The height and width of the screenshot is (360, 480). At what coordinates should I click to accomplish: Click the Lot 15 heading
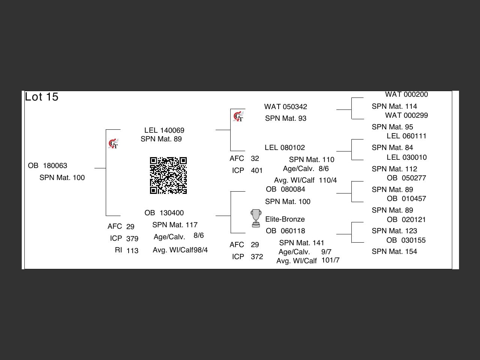click(42, 97)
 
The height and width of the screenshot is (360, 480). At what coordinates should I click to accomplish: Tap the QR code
click(168, 175)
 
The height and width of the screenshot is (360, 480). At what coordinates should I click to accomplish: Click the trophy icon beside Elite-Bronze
click(256, 218)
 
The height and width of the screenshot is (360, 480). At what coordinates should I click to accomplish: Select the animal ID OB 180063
click(48, 166)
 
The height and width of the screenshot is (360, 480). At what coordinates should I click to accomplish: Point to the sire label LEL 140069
click(164, 130)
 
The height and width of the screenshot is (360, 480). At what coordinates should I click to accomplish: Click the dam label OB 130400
click(164, 213)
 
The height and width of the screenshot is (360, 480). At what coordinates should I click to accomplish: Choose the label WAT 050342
click(285, 107)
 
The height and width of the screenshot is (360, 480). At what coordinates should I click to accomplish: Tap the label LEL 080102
click(285, 148)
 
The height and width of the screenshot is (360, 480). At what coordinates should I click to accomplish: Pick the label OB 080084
click(285, 189)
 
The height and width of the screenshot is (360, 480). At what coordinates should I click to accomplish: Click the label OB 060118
click(285, 231)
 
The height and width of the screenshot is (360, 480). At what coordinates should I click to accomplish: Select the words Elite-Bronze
click(285, 219)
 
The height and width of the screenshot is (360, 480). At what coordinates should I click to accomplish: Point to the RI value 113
click(132, 251)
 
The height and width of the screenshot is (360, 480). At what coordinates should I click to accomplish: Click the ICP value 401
click(256, 171)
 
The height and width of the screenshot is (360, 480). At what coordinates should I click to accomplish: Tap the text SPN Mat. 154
click(394, 252)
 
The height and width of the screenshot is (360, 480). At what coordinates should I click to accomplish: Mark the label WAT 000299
click(406, 115)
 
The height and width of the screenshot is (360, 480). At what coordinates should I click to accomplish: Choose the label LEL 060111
click(406, 136)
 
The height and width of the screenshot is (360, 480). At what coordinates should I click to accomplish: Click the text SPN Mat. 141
click(301, 243)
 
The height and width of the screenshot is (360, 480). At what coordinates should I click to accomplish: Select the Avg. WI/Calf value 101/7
click(330, 260)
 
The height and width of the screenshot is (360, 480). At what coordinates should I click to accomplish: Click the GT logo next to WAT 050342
click(238, 117)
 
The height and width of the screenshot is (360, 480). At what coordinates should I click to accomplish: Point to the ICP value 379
click(132, 239)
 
